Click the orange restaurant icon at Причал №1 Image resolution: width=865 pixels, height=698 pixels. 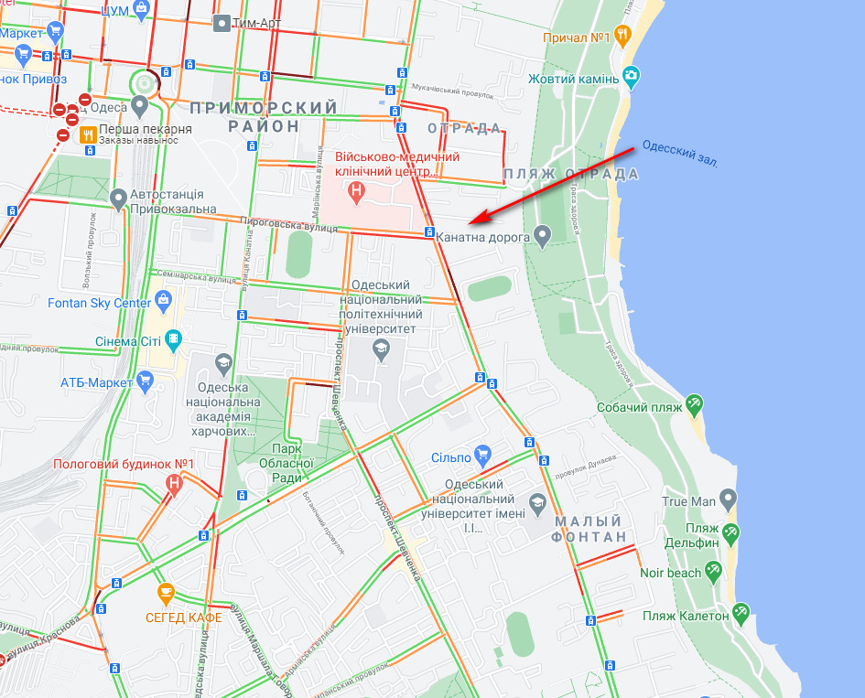(622, 37)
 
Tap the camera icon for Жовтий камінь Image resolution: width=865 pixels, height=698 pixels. (631, 75)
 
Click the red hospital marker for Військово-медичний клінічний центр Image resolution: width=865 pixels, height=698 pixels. (357, 192)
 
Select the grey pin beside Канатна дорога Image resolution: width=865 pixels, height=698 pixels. (543, 237)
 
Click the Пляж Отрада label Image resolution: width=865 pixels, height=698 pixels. (571, 174)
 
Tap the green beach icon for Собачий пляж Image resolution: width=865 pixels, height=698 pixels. (694, 403)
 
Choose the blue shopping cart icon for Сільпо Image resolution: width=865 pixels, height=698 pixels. (484, 455)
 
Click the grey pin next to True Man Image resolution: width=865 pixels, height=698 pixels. (728, 500)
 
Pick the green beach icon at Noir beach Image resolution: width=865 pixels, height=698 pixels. (713, 571)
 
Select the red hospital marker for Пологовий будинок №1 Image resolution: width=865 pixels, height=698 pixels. (175, 483)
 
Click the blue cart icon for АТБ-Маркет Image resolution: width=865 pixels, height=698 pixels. (144, 380)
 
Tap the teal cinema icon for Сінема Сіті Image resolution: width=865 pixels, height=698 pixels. (173, 341)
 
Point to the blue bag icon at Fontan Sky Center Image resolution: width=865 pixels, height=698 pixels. (163, 300)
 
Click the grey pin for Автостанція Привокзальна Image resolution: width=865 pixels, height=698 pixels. (118, 199)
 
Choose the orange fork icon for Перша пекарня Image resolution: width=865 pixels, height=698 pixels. (88, 134)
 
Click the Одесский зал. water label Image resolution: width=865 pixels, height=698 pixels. (680, 153)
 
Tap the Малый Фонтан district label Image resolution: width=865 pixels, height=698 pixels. (590, 529)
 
